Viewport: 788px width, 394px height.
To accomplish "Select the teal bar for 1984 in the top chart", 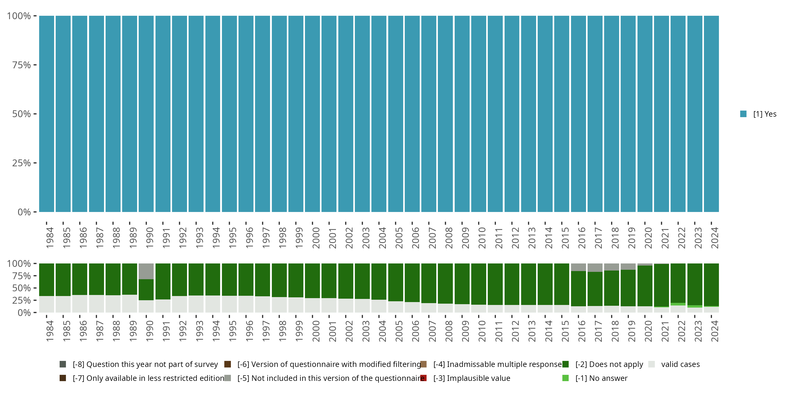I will pos(46,114).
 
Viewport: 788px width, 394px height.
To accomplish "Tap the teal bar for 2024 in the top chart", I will pos(711,114).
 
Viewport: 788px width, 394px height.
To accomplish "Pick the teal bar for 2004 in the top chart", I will pos(379,114).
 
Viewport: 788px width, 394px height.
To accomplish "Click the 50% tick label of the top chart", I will pos(22,114).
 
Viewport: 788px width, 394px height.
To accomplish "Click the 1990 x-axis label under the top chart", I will pos(149,238).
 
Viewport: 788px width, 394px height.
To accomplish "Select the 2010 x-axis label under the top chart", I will pos(482,238).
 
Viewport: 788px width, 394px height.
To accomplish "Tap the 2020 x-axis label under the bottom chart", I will pos(648,331).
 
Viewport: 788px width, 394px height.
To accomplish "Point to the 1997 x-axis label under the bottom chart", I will pos(266,331).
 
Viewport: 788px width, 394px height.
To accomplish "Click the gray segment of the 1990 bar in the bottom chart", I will pos(146,271).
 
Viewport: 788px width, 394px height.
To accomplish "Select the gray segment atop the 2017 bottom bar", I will pos(595,267).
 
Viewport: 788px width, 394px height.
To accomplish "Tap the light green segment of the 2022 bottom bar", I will pos(678,304).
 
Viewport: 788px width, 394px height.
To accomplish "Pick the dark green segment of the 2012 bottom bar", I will pos(512,284).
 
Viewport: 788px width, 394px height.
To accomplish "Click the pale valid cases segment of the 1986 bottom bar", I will pos(80,303).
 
